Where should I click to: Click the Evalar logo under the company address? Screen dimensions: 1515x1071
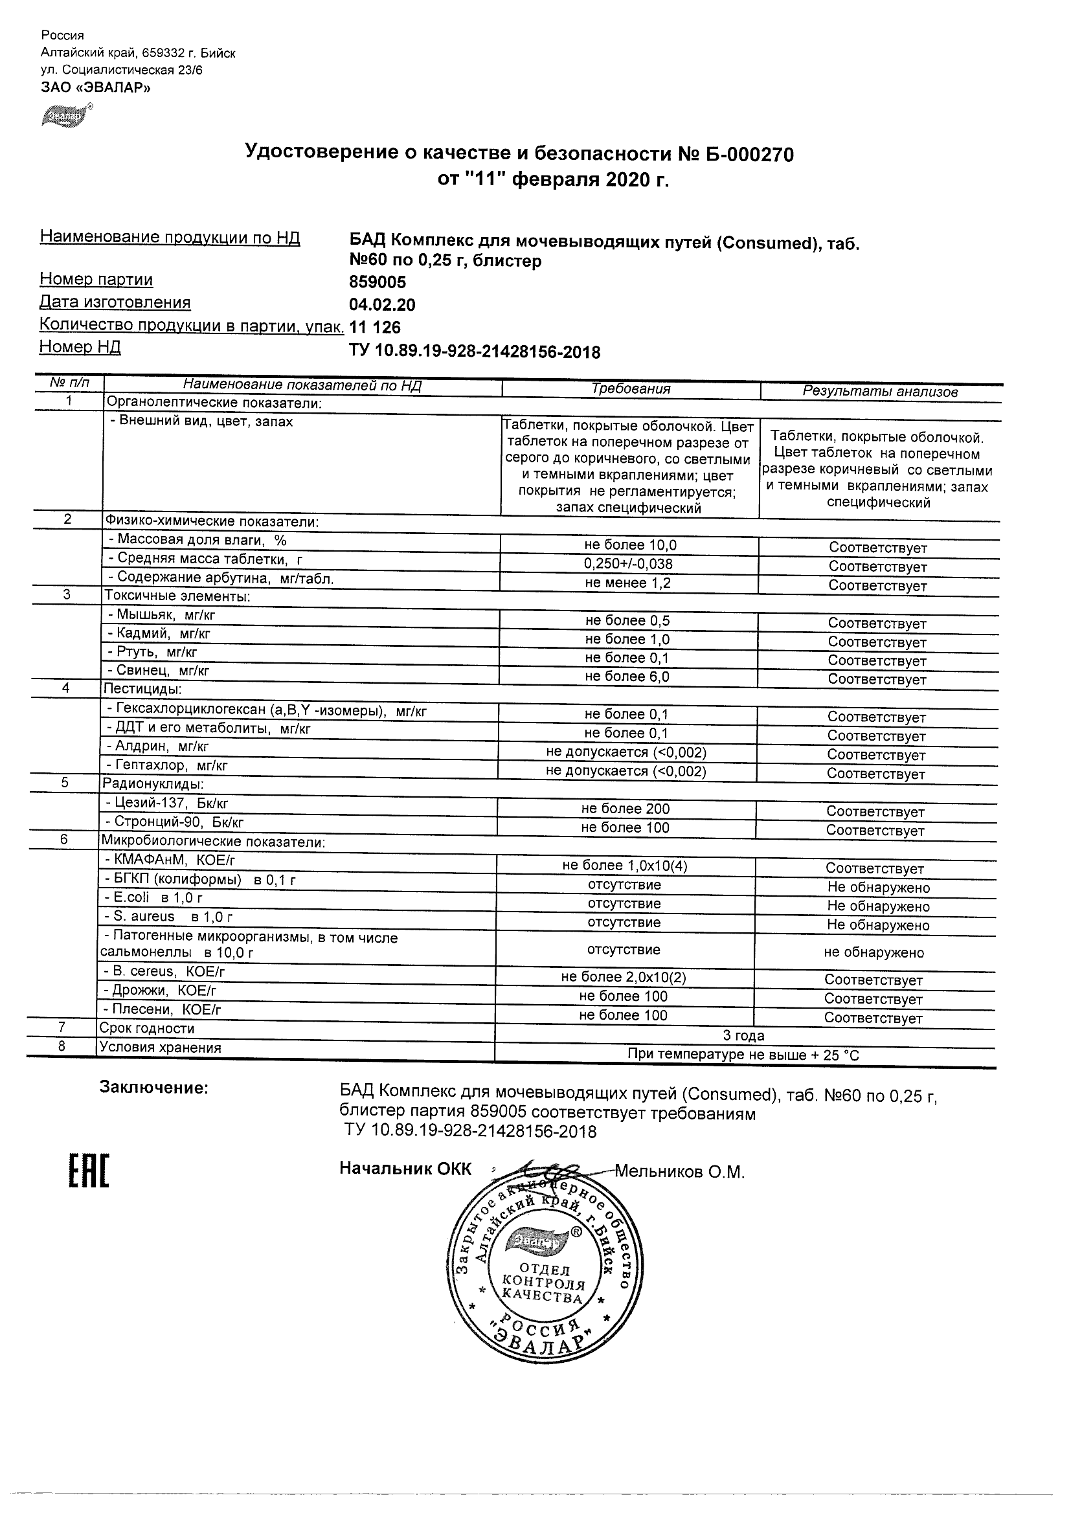point(66,116)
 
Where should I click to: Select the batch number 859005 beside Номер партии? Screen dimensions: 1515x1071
point(378,282)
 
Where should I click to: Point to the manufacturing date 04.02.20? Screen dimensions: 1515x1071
point(382,305)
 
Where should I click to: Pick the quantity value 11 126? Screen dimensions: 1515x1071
point(375,328)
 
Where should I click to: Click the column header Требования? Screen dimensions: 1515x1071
point(631,389)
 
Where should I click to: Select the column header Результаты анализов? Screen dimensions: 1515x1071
point(879,391)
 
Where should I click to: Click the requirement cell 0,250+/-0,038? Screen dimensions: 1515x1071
point(628,564)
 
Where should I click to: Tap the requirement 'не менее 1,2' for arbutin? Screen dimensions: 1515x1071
point(628,583)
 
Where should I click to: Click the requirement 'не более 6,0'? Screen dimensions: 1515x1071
point(627,677)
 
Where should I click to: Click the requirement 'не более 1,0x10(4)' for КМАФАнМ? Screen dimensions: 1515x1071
point(624,866)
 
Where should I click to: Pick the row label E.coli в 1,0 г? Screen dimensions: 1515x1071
point(153,898)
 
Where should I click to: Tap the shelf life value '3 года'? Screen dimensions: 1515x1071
point(744,1036)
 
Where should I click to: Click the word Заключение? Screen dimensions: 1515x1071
point(153,1088)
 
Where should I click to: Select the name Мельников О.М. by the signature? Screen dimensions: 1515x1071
point(680,1172)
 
